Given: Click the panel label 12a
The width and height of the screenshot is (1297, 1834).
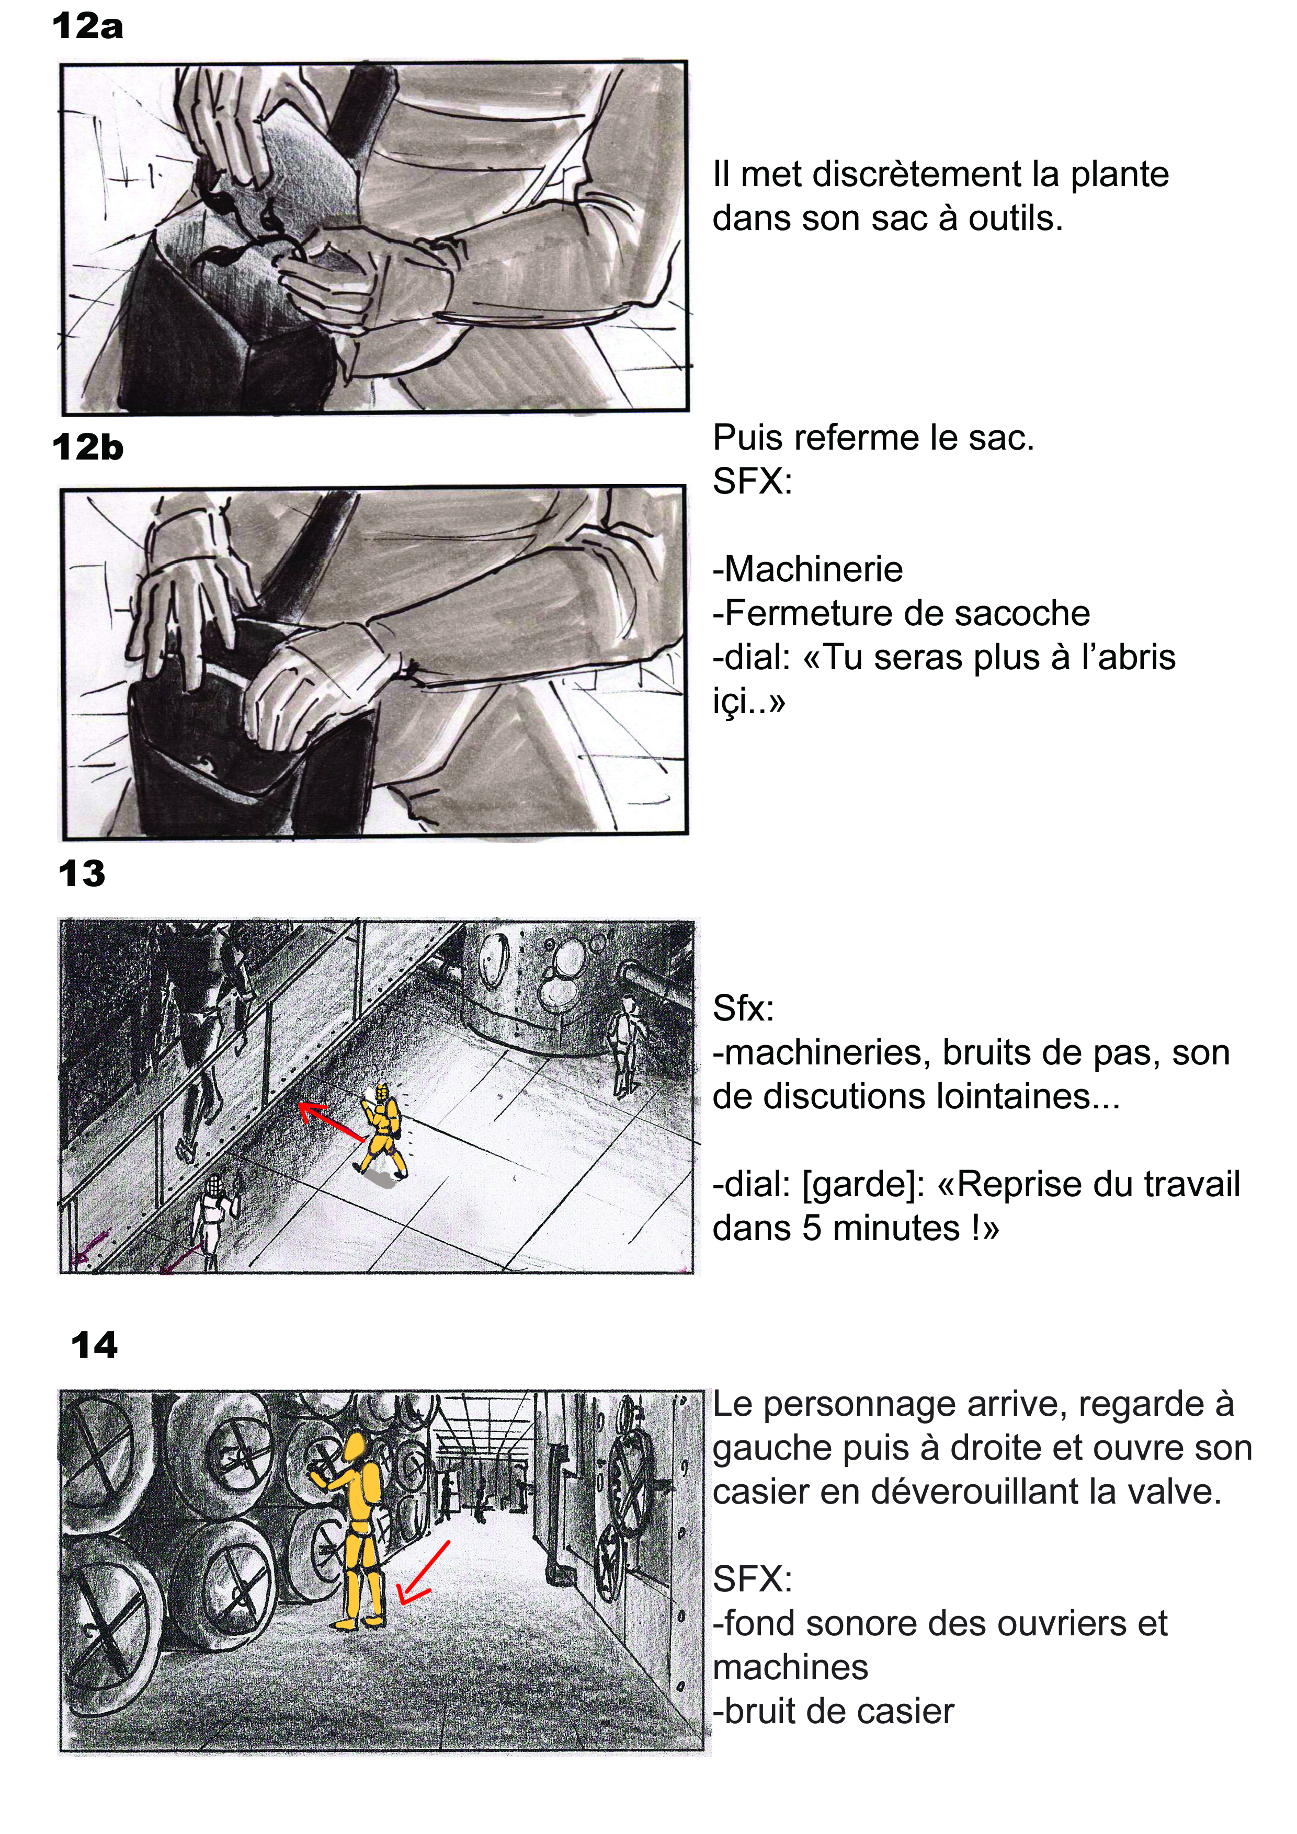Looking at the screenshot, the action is click(87, 26).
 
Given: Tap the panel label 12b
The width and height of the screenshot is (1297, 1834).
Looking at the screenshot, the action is click(88, 448).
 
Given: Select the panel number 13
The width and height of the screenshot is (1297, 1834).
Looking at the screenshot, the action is click(82, 874).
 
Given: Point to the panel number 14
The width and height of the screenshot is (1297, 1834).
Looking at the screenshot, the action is click(94, 1346).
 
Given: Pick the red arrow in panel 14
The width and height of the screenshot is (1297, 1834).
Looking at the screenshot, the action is click(424, 1573).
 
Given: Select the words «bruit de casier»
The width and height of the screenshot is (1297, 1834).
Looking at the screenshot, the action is click(839, 1712).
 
